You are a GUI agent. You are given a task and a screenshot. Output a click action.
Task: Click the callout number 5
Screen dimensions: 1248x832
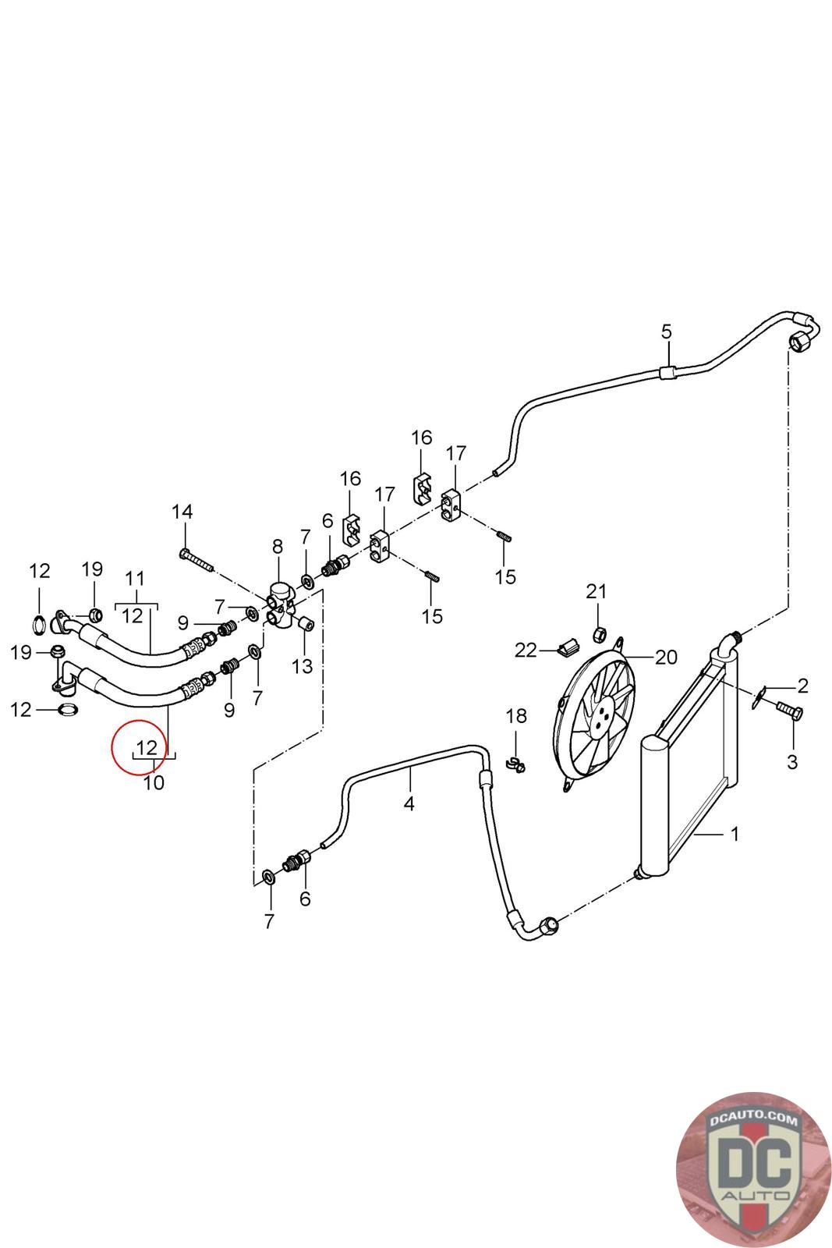click(x=666, y=331)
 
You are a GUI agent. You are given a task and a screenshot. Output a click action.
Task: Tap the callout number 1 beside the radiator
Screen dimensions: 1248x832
click(x=734, y=834)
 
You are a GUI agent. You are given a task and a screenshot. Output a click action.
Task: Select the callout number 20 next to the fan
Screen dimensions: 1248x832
click(x=666, y=657)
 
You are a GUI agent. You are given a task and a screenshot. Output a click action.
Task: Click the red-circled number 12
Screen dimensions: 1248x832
click(x=147, y=746)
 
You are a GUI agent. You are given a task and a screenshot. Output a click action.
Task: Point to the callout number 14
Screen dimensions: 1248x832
click(x=182, y=512)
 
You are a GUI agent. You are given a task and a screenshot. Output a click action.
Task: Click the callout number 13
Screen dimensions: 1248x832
click(x=302, y=666)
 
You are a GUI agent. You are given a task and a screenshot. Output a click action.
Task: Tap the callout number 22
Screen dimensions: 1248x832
click(x=526, y=650)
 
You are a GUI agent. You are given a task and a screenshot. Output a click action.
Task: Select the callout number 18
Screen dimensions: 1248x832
click(x=516, y=715)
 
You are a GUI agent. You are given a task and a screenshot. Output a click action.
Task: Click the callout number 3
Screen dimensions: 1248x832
click(x=792, y=762)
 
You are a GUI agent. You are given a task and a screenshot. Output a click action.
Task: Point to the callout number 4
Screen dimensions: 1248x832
click(x=409, y=803)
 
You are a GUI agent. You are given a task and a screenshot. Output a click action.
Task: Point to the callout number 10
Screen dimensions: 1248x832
click(x=154, y=782)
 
